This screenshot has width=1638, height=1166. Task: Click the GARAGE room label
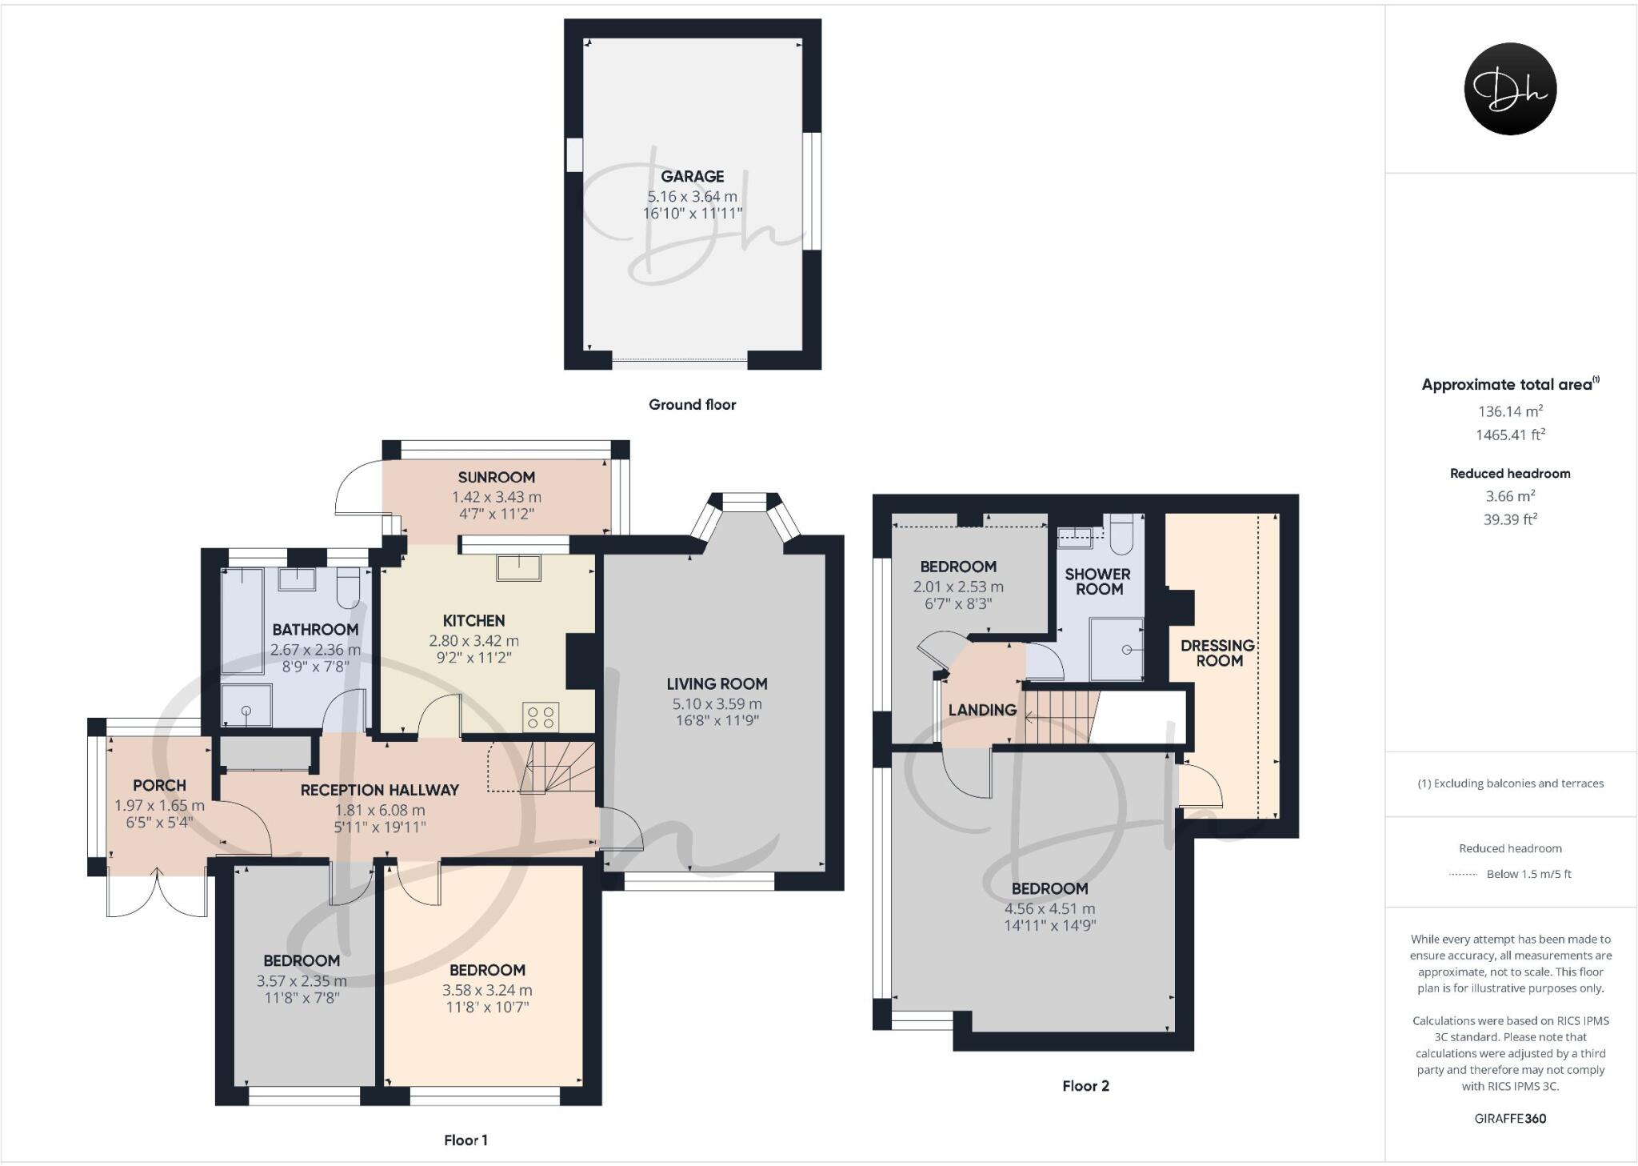692,176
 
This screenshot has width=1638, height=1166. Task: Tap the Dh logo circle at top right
1509,89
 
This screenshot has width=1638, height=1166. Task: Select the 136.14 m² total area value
1509,411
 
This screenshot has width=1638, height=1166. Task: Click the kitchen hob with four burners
541,716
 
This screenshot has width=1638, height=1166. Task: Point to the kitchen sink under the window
518,567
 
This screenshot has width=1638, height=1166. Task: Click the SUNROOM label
496,477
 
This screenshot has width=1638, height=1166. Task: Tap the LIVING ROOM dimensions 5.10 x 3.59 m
717,704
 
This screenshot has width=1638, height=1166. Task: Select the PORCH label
159,785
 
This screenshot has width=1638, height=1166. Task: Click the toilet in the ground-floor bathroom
349,587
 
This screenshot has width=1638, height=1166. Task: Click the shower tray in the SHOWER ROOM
1117,649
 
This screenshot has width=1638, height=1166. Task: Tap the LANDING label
982,710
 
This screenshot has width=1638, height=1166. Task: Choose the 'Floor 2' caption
1085,1086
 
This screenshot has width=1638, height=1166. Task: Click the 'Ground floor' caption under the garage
692,404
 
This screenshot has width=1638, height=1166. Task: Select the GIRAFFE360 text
1509,1119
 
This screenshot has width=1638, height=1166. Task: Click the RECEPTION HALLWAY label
379,790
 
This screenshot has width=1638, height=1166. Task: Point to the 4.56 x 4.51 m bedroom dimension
1049,908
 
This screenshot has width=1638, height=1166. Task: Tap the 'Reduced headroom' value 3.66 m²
1509,496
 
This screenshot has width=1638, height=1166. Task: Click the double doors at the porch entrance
158,894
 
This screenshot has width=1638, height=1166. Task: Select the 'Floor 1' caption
465,1140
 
